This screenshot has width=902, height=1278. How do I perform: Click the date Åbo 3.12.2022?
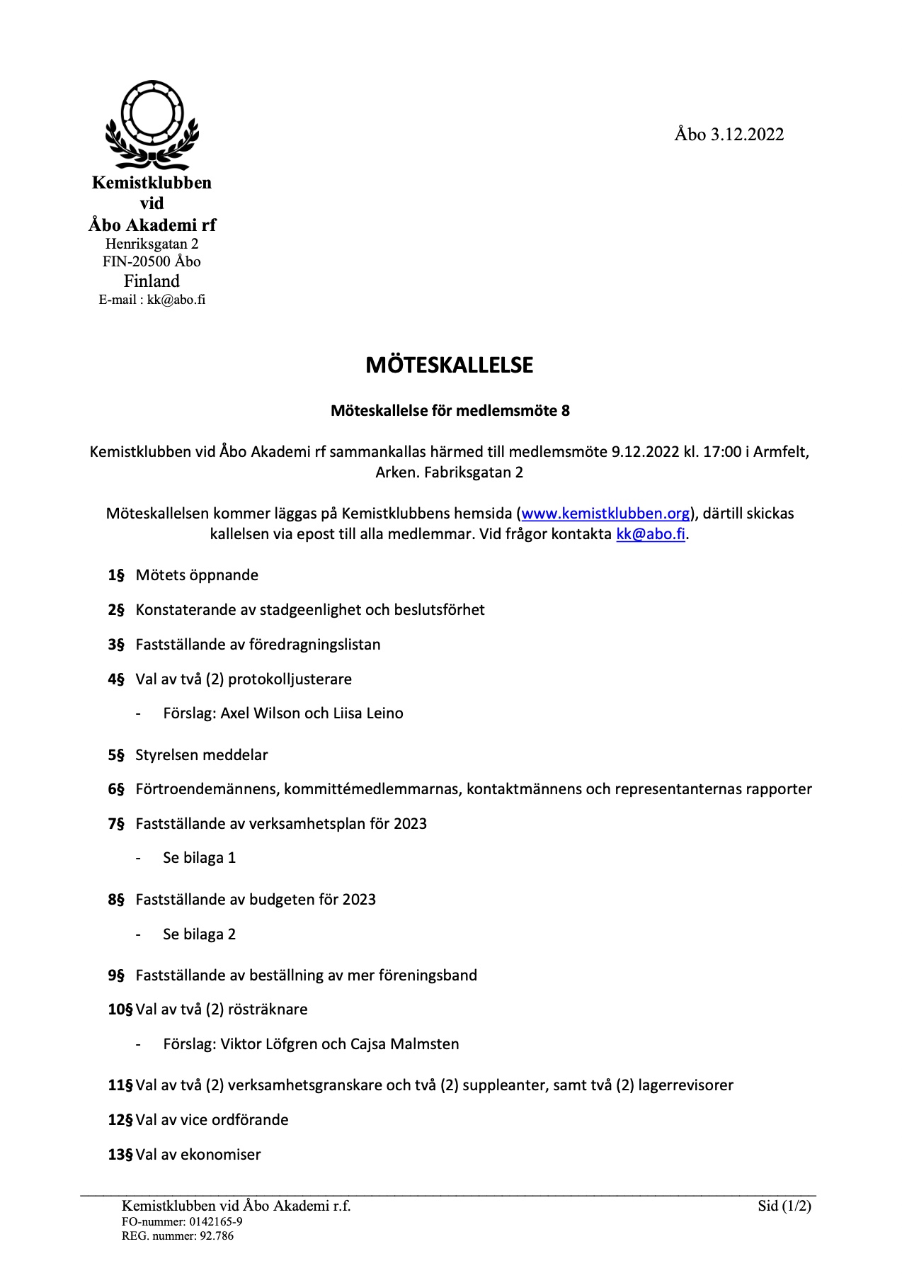click(729, 135)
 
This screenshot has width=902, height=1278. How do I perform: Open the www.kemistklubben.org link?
click(605, 514)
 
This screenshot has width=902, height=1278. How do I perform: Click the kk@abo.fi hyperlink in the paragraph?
click(651, 534)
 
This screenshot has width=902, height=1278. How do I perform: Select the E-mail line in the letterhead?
click(152, 300)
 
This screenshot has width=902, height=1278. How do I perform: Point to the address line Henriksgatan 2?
click(152, 244)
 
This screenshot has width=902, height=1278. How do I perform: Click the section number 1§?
click(116, 575)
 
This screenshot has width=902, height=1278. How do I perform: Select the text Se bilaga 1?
click(199, 858)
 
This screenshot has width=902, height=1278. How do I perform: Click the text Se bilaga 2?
click(199, 934)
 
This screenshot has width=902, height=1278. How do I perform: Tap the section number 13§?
click(120, 1155)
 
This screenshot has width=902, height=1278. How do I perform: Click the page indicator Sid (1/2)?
click(784, 1206)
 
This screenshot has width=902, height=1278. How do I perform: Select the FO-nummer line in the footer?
click(182, 1222)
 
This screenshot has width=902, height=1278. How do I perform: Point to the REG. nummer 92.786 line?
click(177, 1236)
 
